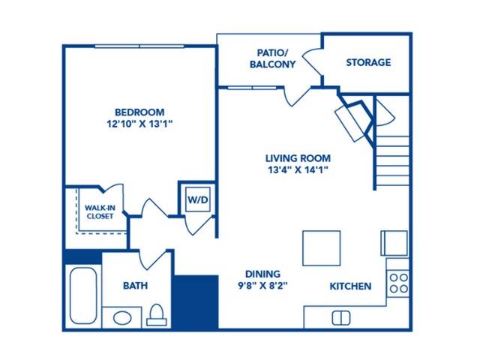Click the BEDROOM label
139,112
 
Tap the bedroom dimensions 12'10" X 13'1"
140,124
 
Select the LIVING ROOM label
298,158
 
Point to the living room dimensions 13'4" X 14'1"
298,169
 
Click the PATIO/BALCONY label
272,58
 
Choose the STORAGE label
368,62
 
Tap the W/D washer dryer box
198,199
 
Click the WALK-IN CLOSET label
100,211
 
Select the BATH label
135,286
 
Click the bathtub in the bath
83,295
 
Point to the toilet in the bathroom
157,315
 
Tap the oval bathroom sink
122,318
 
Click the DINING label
262,274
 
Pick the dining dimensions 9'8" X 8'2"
263,286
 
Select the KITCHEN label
350,286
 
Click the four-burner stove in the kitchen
398,283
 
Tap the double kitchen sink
341,318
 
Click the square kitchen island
322,248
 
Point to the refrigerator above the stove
394,243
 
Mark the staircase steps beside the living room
392,161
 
